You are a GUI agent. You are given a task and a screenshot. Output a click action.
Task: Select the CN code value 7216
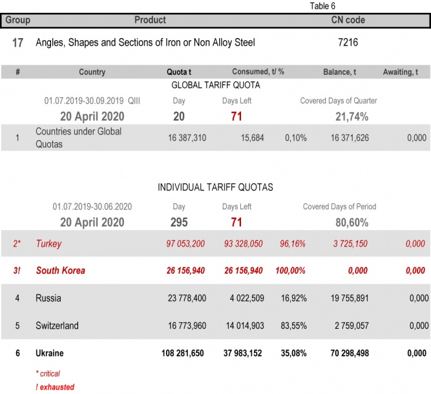coord(345,43)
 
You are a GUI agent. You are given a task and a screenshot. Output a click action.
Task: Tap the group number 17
coord(19,43)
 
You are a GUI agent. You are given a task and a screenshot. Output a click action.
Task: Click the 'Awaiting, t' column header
coord(406,72)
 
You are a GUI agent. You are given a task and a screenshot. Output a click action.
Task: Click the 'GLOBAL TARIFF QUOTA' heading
coord(216,85)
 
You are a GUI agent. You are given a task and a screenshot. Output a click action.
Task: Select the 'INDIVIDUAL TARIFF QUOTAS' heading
coord(215,187)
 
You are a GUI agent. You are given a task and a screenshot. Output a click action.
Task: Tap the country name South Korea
coord(60,271)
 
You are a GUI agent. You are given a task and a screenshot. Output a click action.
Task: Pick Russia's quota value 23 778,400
coord(187,298)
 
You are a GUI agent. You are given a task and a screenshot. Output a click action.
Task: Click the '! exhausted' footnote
coord(55,387)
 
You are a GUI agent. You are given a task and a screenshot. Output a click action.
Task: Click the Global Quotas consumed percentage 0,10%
coord(295,138)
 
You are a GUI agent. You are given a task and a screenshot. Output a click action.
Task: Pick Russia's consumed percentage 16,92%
coord(293,298)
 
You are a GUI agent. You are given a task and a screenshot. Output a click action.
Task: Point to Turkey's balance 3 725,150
coord(353,244)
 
